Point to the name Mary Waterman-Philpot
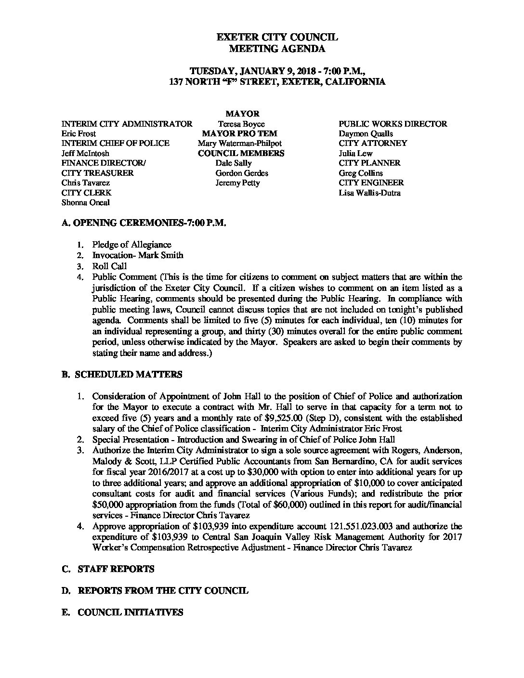coord(239,143)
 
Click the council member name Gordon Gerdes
coord(242,173)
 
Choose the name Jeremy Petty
coord(237,183)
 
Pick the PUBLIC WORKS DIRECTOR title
coord(393,124)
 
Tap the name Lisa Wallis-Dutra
coord(369,193)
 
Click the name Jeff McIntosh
coord(85,153)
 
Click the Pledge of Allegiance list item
coord(131,245)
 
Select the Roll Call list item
coord(109,266)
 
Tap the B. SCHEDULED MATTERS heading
coord(122,374)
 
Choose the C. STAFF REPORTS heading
coord(108,569)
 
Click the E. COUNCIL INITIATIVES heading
coord(123,612)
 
